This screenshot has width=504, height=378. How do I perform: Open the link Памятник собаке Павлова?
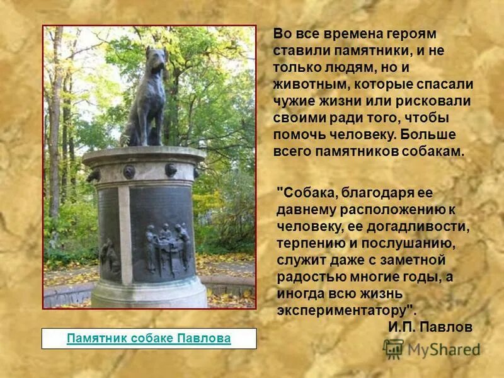tap(149, 338)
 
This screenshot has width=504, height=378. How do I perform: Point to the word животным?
tap(311, 84)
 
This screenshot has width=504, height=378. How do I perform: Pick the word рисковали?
tap(438, 101)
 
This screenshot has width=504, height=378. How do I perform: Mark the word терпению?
tap(311, 243)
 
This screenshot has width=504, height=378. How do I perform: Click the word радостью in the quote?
tap(309, 277)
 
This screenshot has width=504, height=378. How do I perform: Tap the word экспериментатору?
tap(343, 311)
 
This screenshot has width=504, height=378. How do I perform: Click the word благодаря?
tap(381, 191)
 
